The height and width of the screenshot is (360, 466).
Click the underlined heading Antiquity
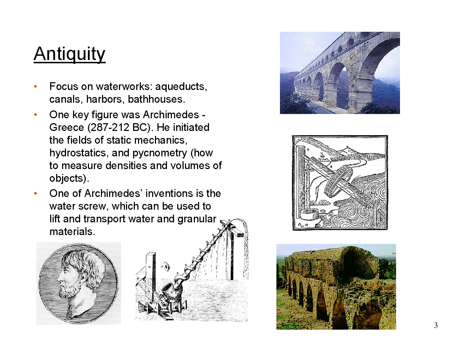(x=70, y=54)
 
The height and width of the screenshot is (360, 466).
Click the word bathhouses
(x=156, y=99)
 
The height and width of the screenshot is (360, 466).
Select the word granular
(x=197, y=219)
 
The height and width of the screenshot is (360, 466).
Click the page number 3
(x=436, y=325)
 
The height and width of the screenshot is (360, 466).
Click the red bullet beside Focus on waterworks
(x=36, y=86)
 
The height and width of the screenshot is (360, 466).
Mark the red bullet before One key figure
(x=36, y=115)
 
